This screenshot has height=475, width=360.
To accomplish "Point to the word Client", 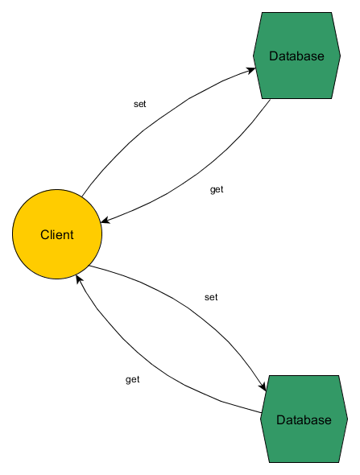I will click(x=57, y=235).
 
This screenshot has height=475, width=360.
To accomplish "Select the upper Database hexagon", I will click(x=296, y=32).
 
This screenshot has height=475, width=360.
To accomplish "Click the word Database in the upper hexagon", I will click(x=296, y=56).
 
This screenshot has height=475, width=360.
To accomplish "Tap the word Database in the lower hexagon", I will click(x=303, y=420).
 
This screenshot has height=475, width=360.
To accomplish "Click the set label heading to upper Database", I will click(x=139, y=104).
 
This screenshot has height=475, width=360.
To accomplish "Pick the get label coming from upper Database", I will click(x=217, y=190).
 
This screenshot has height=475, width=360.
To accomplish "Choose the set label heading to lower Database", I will click(x=211, y=297).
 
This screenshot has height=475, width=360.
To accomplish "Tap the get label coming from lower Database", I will click(x=133, y=379).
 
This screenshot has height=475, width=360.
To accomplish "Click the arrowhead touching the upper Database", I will click(x=251, y=71).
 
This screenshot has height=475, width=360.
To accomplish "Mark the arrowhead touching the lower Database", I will click(x=262, y=388).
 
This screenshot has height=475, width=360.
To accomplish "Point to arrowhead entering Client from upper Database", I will click(x=105, y=220).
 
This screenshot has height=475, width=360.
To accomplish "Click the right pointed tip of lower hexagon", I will click(x=347, y=419).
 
